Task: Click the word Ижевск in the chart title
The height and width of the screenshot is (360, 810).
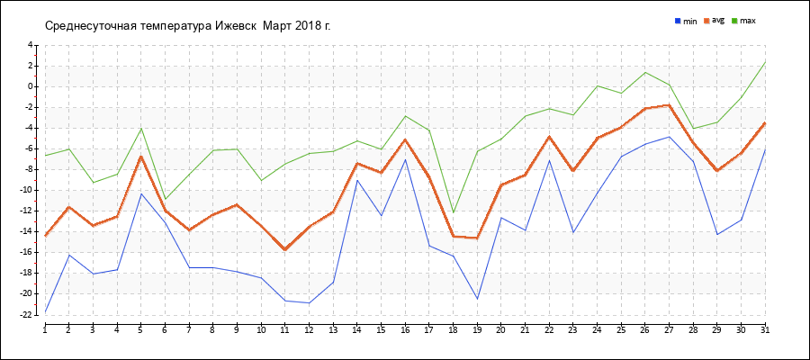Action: click(x=235, y=24)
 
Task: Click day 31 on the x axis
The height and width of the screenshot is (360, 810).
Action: click(x=764, y=330)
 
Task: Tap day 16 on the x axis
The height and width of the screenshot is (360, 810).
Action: click(x=405, y=330)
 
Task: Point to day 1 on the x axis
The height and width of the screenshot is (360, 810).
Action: click(x=45, y=330)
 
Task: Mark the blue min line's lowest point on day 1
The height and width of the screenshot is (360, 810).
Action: click(x=45, y=312)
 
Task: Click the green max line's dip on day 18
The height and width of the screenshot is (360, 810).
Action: click(x=453, y=212)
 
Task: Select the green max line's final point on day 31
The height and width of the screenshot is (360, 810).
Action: click(x=765, y=61)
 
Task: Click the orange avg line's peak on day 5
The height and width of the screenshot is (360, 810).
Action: click(x=140, y=156)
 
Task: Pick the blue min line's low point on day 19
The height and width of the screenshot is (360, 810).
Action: click(x=477, y=298)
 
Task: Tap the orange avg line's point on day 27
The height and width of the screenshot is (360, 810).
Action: click(x=669, y=105)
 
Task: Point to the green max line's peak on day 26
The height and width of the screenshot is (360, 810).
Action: click(x=645, y=72)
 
